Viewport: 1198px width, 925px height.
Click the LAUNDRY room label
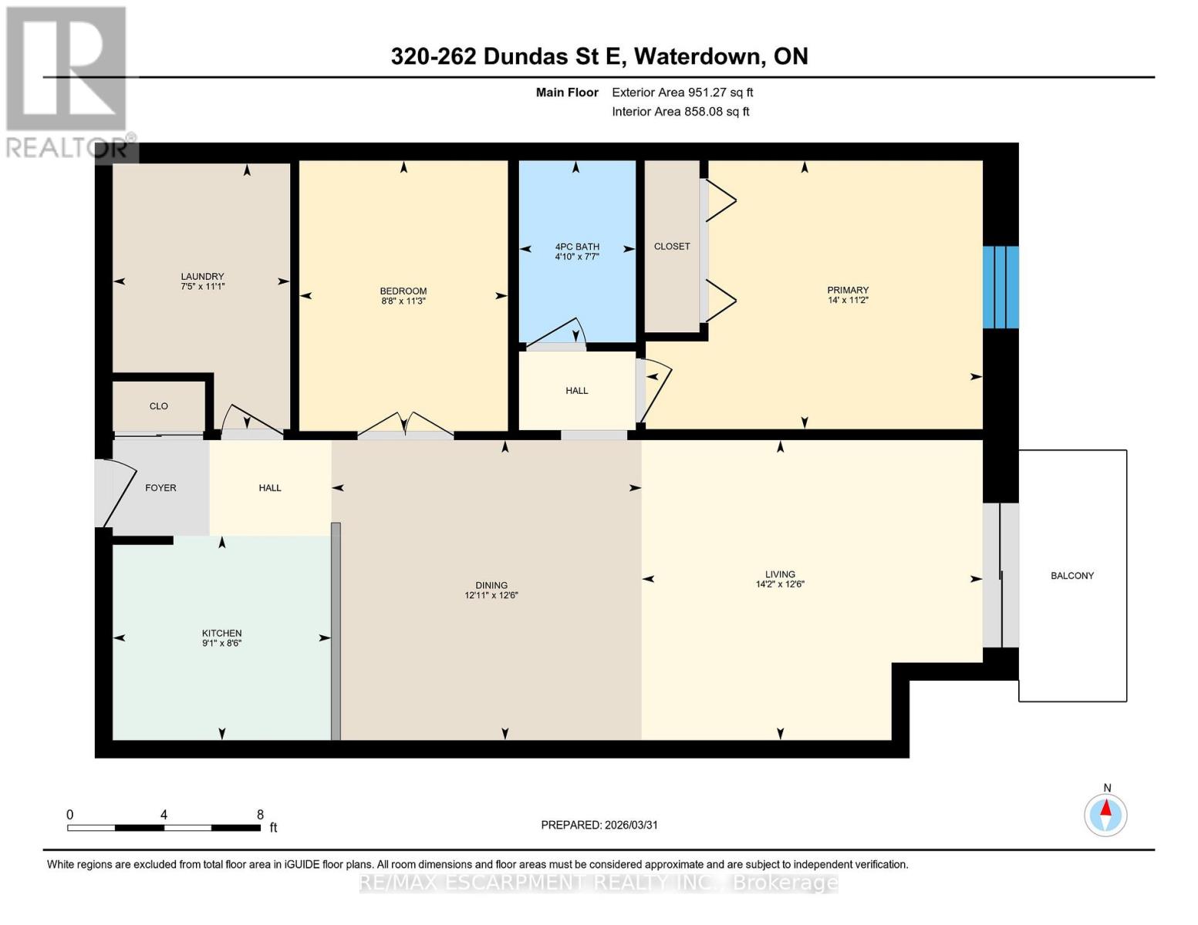coord(202,277)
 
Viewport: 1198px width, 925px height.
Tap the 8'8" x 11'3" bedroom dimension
coord(403,301)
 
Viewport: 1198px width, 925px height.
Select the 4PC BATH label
coord(577,247)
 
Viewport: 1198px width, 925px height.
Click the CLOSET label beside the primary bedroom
coord(672,247)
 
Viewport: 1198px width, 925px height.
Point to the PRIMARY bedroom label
coord(848,291)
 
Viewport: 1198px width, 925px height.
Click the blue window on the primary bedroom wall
coord(1001,287)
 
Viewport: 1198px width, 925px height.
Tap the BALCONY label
coord(1072,576)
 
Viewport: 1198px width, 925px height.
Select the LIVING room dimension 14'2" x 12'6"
coord(780,584)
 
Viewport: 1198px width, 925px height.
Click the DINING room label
coord(491,585)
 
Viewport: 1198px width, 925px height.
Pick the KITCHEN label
coord(221,633)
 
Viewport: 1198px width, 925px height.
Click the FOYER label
coord(160,488)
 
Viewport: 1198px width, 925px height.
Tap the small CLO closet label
coord(159,406)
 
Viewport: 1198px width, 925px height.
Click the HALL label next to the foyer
coord(270,488)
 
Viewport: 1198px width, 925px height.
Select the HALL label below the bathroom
coord(577,391)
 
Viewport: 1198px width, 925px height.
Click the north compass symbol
coord(1106,814)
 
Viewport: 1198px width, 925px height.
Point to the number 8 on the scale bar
coord(260,815)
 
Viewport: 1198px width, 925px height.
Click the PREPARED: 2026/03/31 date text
coord(599,825)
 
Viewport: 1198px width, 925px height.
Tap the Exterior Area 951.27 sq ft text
coord(682,92)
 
